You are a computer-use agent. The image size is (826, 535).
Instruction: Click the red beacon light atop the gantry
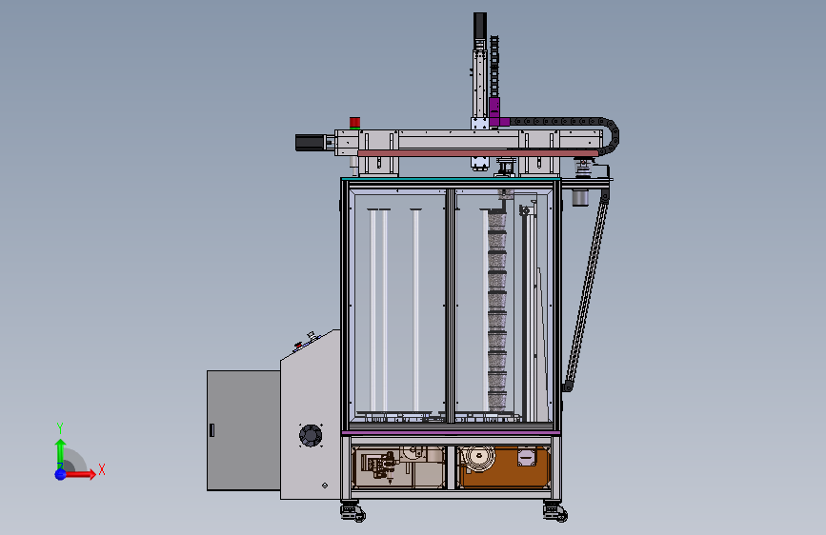tap(354, 123)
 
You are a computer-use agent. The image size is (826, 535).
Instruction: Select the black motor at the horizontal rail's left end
tap(311, 143)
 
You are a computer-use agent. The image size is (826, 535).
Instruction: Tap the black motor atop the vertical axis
tap(480, 26)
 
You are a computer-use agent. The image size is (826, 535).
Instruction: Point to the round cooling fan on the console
tap(311, 435)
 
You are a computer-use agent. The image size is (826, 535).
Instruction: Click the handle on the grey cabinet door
tap(212, 430)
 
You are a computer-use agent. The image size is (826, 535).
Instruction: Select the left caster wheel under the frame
tap(353, 512)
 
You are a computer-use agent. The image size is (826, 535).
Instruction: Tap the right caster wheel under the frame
tap(555, 512)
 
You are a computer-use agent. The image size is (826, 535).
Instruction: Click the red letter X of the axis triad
tap(102, 469)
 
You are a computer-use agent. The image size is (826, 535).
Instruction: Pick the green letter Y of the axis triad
tap(60, 428)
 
